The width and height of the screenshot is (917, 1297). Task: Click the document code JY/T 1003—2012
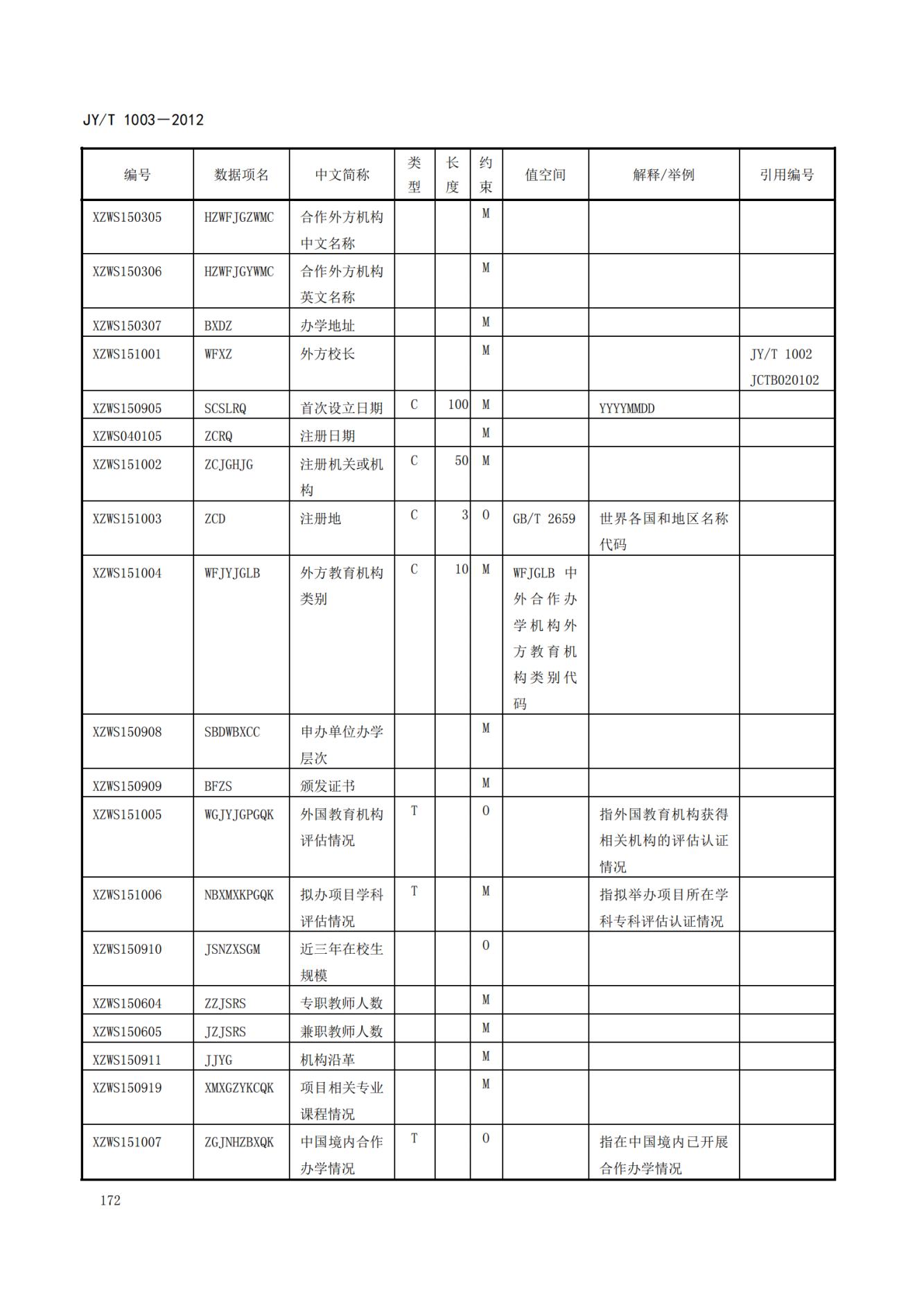[x=143, y=120]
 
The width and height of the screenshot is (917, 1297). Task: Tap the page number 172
[x=110, y=1200]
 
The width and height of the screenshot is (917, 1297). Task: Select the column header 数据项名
[x=241, y=175]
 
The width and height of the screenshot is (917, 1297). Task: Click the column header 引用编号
[x=787, y=175]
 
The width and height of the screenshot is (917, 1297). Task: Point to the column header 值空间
[x=545, y=175]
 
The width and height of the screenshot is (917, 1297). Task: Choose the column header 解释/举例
[x=663, y=175]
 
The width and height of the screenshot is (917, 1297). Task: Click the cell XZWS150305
[x=127, y=217]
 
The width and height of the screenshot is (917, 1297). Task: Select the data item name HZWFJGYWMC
[x=239, y=271]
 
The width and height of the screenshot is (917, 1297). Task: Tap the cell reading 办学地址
[x=327, y=325]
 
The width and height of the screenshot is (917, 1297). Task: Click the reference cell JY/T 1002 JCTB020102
[x=784, y=367]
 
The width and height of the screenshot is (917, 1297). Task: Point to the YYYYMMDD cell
[x=627, y=408]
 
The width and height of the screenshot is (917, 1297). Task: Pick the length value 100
[x=457, y=404]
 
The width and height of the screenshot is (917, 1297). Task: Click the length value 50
[x=461, y=460]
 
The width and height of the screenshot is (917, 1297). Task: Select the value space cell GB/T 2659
[x=544, y=519]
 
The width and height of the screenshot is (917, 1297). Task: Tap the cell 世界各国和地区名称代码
[x=663, y=531]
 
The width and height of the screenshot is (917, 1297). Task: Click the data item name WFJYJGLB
[x=232, y=573]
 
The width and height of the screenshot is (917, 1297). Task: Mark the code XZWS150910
[x=127, y=949]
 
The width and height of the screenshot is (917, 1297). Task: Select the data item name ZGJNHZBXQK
[x=239, y=1142]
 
